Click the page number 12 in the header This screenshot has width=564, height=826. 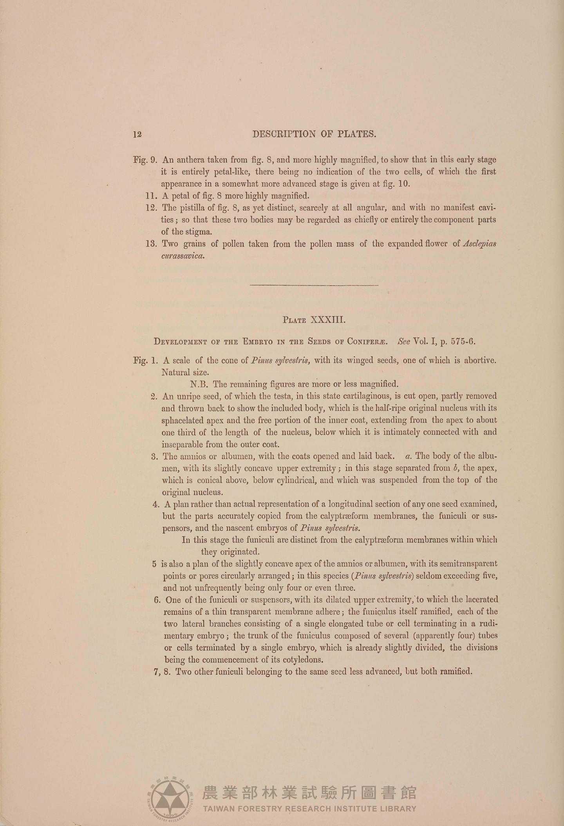137,134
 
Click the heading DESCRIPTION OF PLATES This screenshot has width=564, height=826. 314,134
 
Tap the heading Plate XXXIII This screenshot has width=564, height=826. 314,320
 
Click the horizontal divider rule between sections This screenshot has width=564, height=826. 314,285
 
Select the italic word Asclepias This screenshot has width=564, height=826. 480,244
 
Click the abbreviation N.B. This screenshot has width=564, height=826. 199,384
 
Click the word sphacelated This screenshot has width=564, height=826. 184,420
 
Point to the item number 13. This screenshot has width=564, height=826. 151,244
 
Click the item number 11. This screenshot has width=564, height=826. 151,196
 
